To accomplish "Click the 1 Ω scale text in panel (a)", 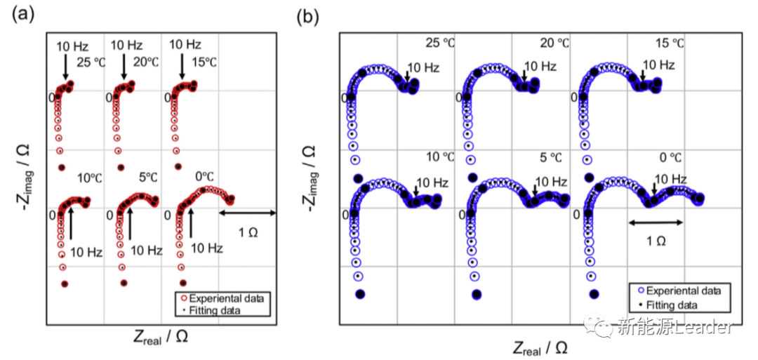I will click(x=247, y=232).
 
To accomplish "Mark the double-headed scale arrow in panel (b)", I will click(x=655, y=222).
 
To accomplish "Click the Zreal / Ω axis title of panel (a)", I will click(x=161, y=337).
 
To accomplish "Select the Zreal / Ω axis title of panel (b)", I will click(x=540, y=347).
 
